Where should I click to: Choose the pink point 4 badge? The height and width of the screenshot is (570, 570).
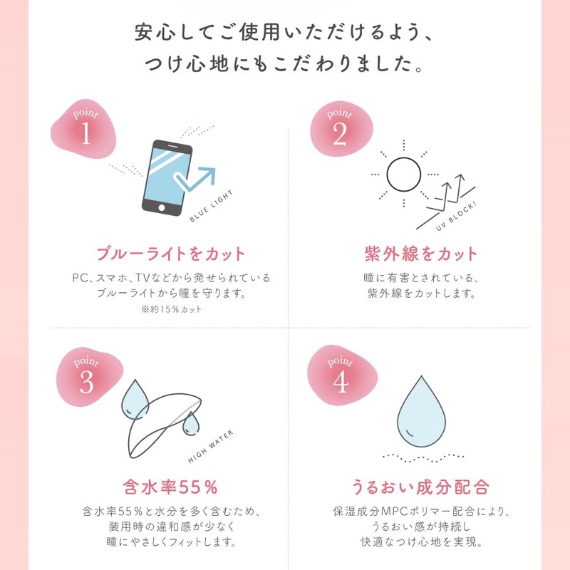pyautogui.click(x=339, y=378)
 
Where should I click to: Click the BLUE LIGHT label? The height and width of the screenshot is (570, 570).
pyautogui.click(x=217, y=207)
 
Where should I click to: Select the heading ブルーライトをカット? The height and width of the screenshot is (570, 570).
pyautogui.click(x=170, y=254)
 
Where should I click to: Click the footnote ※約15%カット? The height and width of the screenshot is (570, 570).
pyautogui.click(x=170, y=309)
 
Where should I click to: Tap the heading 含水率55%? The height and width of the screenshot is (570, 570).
pyautogui.click(x=170, y=487)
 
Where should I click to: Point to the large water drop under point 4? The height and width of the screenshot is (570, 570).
pyautogui.click(x=420, y=418)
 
